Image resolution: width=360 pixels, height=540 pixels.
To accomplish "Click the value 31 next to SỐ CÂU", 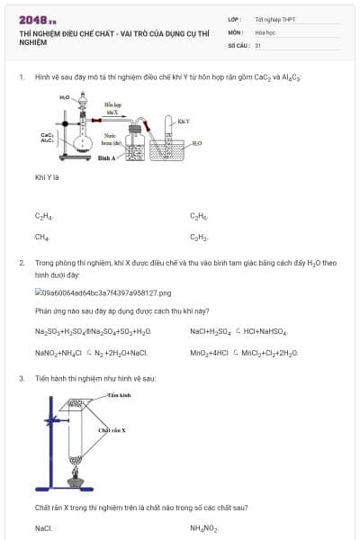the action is [258, 44].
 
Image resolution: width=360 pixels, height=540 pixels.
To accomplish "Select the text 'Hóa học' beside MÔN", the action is [265, 31].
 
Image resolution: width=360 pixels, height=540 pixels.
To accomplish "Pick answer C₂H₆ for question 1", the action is [199, 217].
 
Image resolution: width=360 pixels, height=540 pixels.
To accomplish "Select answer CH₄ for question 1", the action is [42, 238].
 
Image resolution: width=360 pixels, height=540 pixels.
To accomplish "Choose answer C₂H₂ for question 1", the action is [199, 238].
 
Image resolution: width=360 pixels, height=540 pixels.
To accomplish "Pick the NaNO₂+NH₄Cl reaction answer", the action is [91, 353].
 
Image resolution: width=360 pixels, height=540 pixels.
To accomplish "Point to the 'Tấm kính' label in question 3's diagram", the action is [119, 395].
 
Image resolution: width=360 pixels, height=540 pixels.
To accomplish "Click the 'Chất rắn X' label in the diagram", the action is [112, 431].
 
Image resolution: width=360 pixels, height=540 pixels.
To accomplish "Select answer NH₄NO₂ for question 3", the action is [204, 528].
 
